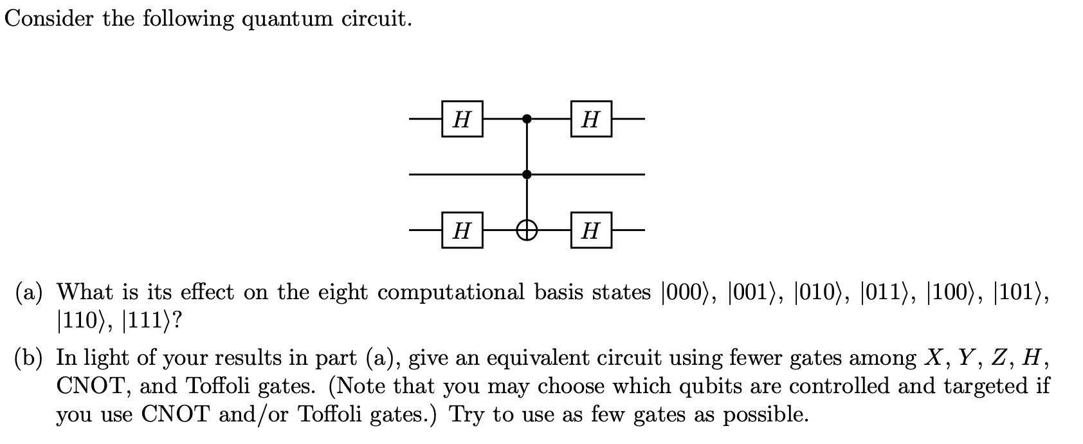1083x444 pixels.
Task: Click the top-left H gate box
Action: [462, 119]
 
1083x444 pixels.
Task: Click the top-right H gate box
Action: [590, 119]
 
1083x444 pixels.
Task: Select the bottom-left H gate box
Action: [462, 230]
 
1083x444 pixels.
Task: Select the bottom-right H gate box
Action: [590, 230]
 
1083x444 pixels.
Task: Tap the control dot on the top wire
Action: [527, 119]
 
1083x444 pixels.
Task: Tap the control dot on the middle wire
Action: [527, 174]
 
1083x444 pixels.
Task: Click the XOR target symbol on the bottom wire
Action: [527, 230]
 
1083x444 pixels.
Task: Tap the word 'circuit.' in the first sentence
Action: [376, 19]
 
